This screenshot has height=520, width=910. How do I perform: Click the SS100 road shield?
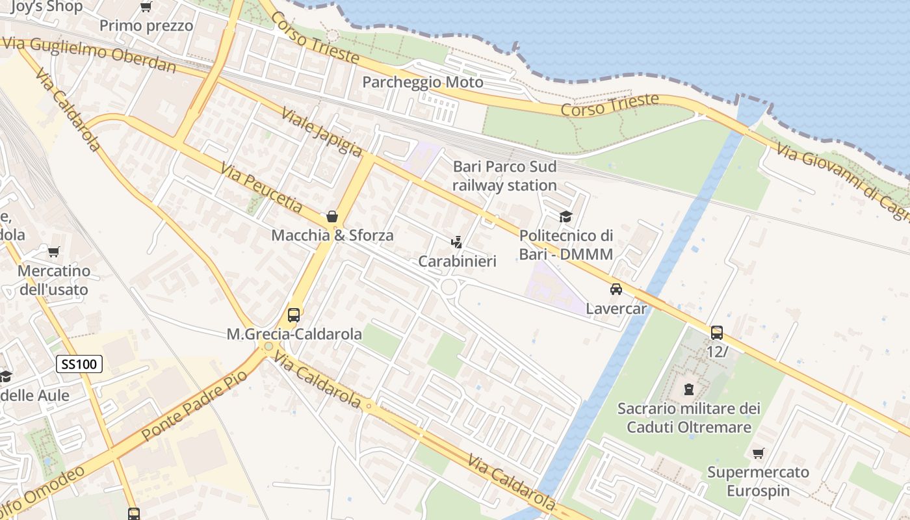[x=80, y=364]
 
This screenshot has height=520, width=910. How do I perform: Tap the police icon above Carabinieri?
[x=457, y=242]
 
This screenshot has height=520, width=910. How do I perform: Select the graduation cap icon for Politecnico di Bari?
[x=565, y=216]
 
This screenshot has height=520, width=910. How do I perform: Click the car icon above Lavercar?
[x=616, y=289]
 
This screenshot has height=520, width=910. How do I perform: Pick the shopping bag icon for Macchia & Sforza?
[x=332, y=216]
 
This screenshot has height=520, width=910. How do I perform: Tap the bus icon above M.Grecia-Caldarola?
[x=294, y=315]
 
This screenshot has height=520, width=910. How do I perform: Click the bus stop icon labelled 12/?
[x=716, y=332]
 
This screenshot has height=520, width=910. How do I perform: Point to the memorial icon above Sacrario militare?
[x=688, y=389]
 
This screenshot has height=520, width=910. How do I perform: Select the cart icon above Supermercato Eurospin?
[x=758, y=453]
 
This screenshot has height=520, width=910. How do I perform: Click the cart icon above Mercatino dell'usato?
[x=54, y=251]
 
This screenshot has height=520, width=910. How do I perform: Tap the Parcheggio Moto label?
[x=422, y=83]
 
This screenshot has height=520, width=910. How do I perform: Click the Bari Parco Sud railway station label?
[x=504, y=175]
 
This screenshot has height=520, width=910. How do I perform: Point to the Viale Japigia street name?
[x=321, y=132]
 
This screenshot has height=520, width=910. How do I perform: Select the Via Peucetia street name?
[x=261, y=188]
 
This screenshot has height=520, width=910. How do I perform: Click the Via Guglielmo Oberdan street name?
[x=90, y=55]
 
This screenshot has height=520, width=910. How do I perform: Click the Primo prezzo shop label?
[x=146, y=26]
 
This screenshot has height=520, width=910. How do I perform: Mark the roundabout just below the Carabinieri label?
[x=448, y=287]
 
